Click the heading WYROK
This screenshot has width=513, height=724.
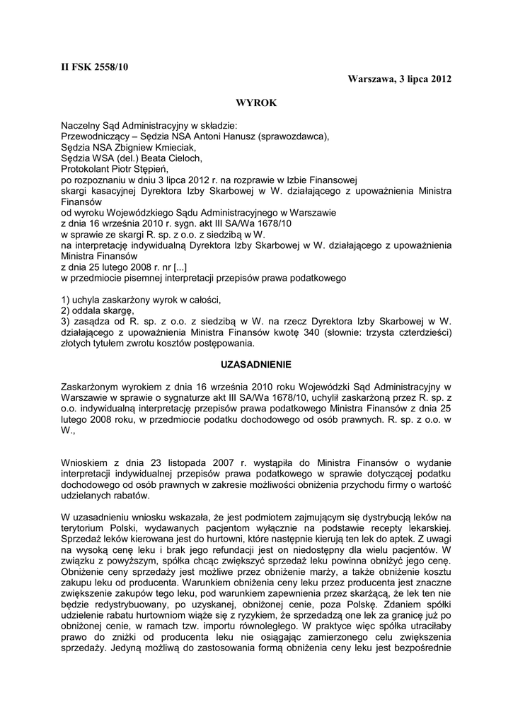(256, 102)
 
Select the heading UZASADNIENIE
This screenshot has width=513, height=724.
(256, 364)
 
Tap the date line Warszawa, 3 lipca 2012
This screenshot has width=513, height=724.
(399, 78)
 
